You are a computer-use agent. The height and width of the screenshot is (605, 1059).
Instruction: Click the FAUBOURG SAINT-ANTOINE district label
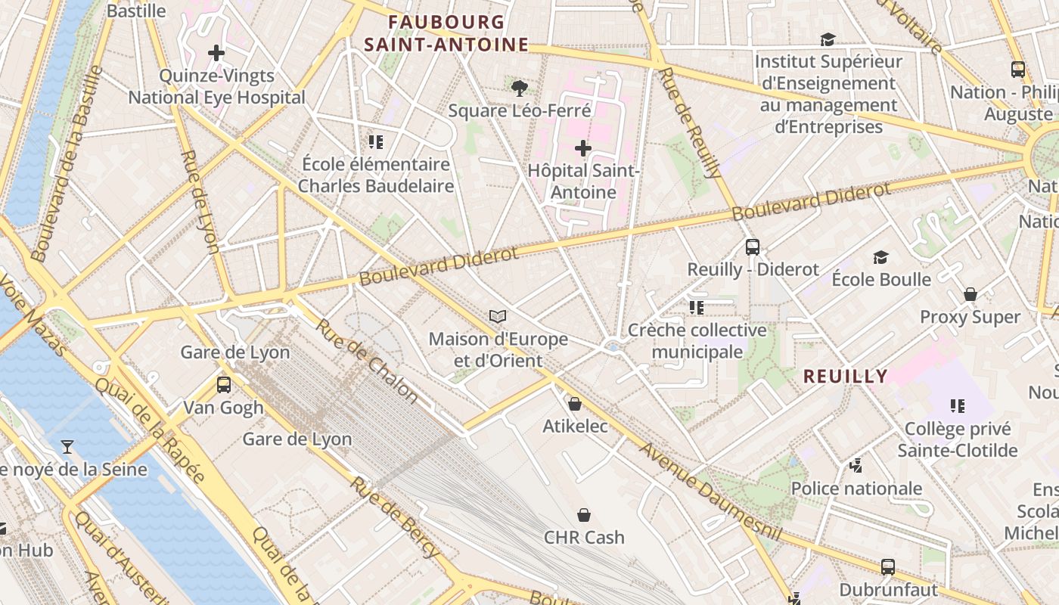(446, 33)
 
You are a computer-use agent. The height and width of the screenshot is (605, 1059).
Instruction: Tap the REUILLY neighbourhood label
(845, 376)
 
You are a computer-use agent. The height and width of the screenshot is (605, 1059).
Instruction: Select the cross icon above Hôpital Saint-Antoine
(582, 148)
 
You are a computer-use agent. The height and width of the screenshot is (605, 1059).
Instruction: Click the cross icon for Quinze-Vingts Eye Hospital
(216, 53)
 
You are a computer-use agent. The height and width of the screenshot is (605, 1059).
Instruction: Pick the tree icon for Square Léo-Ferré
(519, 88)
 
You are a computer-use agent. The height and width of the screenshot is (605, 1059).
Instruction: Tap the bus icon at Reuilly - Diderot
(752, 247)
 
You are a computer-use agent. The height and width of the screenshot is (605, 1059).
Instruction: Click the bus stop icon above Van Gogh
(223, 384)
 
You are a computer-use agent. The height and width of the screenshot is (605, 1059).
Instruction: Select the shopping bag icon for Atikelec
(575, 404)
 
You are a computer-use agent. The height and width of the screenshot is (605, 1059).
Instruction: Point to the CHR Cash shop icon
(584, 515)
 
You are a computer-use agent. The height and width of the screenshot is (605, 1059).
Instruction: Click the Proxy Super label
(970, 317)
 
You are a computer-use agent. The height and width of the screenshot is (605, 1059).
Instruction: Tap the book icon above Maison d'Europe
(497, 316)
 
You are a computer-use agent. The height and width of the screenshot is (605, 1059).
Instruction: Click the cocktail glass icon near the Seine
(67, 447)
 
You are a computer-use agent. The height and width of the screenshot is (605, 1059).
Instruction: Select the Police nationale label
(856, 489)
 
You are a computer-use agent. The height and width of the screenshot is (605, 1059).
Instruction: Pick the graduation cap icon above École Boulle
(880, 257)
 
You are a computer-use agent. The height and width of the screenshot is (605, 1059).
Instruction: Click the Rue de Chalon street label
(366, 361)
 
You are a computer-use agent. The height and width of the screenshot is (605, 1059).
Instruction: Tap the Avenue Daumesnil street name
(710, 492)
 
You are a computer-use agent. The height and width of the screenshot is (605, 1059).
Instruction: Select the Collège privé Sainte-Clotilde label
(957, 439)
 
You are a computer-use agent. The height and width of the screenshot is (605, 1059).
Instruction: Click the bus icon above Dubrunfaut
(888, 566)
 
